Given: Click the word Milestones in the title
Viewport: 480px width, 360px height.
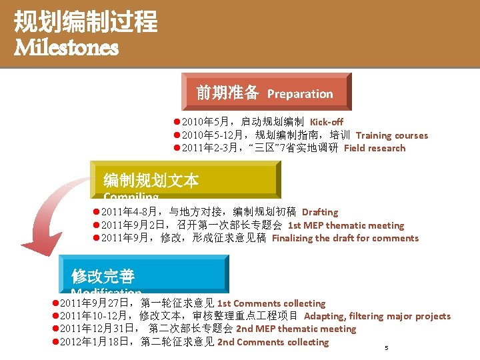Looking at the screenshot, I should (66, 48).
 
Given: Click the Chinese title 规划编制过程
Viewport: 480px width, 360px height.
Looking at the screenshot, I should (85, 21).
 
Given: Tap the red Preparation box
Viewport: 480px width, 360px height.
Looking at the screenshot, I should (265, 92).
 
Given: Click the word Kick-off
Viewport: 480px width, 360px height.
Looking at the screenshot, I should (327, 122).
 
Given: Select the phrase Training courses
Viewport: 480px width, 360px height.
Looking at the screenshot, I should (392, 135).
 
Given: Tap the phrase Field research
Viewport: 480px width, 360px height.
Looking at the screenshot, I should (375, 148).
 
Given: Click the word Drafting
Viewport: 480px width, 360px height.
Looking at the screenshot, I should (320, 212).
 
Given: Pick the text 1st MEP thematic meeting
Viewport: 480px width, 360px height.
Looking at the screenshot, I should (346, 225).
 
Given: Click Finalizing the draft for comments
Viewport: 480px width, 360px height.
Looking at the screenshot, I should (345, 238).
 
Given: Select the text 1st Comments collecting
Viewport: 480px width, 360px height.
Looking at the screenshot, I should (271, 303).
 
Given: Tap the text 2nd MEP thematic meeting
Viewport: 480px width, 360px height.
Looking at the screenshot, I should (296, 329).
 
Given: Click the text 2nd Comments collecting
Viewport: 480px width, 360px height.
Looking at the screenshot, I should (273, 342).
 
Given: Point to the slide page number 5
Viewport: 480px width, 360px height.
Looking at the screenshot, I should (386, 348).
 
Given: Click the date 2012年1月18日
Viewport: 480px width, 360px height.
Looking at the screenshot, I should (99, 342).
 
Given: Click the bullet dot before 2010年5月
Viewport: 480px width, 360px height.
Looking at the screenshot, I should (177, 122).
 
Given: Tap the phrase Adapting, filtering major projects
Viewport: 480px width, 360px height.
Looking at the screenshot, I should (377, 316).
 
